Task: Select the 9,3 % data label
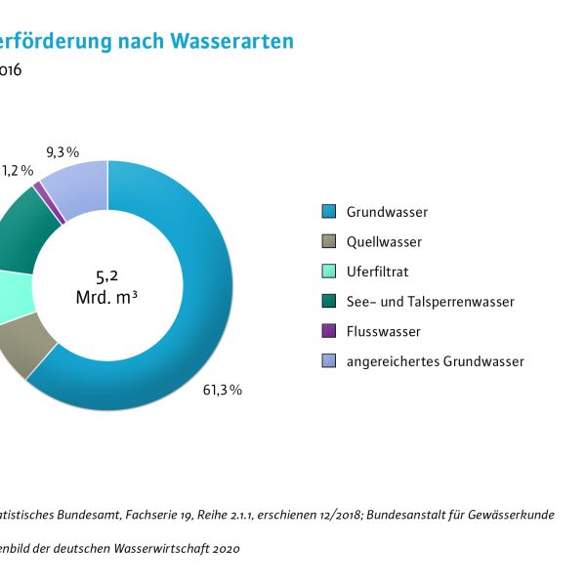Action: [63, 151]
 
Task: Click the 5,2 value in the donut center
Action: [106, 275]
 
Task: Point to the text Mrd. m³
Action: [106, 297]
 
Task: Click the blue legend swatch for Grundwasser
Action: [329, 211]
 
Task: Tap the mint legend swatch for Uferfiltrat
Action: [329, 272]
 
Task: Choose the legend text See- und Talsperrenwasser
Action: [430, 302]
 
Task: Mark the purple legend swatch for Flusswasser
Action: [329, 331]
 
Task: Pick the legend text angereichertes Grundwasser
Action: [435, 361]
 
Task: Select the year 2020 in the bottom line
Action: [224, 549]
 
